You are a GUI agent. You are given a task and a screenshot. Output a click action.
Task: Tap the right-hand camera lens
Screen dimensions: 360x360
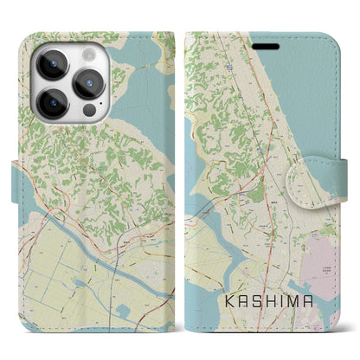pyautogui.click(x=89, y=83)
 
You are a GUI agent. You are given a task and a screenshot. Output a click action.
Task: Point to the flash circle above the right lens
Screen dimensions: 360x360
pyautogui.click(x=90, y=53)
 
